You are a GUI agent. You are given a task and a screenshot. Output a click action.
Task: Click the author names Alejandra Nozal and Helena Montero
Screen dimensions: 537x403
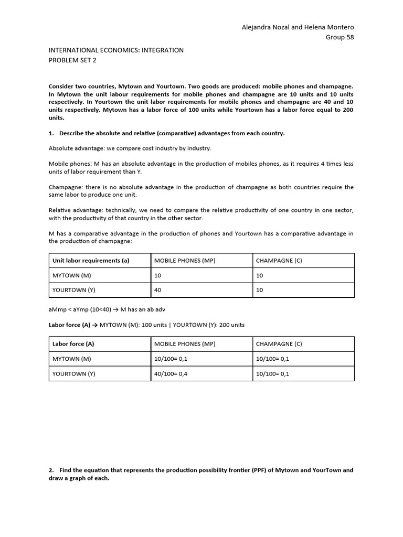tap(298, 27)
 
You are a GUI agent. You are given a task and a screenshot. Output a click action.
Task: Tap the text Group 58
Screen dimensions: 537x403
tap(340, 37)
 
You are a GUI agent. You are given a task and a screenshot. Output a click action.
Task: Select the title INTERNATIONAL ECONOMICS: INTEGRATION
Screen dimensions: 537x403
tap(116, 50)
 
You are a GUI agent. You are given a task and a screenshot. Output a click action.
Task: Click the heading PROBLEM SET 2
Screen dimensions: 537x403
tap(72, 60)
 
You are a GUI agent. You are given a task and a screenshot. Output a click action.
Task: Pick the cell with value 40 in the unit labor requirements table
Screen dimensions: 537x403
tap(157, 290)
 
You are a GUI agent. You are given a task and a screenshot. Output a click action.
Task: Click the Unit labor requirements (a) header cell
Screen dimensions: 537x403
tap(91, 261)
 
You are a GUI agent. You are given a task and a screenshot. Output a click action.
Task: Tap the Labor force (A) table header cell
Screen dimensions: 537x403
tap(73, 344)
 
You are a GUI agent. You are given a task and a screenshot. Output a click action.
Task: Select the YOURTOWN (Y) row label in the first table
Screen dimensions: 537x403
tap(73, 290)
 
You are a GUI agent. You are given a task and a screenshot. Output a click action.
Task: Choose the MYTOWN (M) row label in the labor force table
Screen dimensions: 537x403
tap(72, 359)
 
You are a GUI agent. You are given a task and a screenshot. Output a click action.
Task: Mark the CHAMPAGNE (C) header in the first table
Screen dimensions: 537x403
tap(279, 261)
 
